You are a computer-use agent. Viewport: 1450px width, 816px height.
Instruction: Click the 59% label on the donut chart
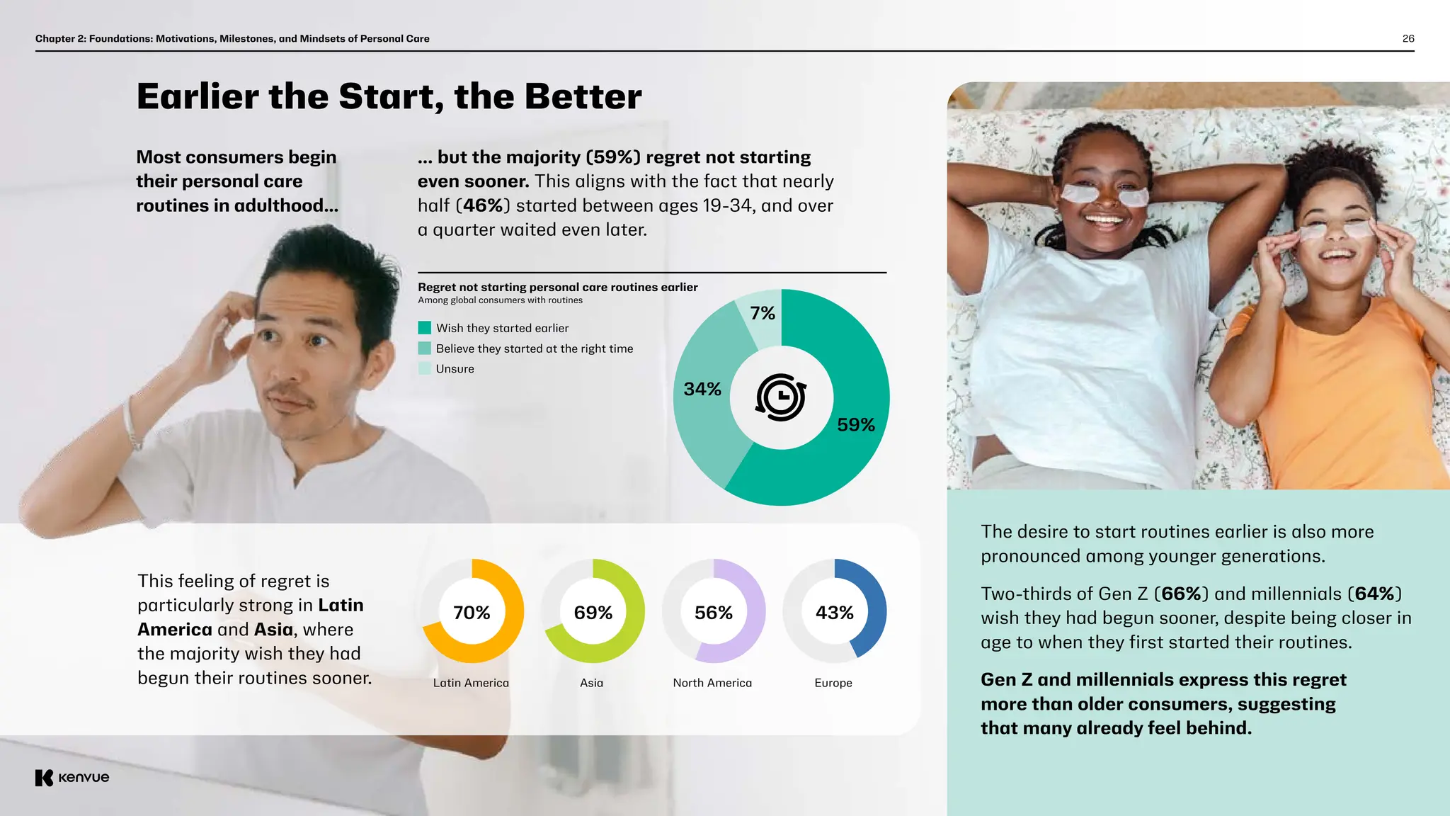click(855, 425)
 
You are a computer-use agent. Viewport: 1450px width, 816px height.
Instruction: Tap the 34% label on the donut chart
click(702, 389)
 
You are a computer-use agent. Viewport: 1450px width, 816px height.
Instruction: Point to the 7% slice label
click(763, 313)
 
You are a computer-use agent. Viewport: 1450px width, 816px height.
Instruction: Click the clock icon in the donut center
click(781, 397)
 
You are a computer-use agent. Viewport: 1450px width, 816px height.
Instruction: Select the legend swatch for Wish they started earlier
click(425, 328)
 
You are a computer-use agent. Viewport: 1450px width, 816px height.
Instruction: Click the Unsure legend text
click(455, 369)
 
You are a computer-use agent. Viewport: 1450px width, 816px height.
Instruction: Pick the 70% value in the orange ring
click(472, 613)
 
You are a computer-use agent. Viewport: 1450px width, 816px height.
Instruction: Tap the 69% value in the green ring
click(593, 613)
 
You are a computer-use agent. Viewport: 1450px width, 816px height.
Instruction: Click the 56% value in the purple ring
click(713, 613)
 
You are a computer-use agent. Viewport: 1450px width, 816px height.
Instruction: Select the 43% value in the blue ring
click(834, 613)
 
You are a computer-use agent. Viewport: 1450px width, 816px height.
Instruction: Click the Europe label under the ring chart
click(833, 683)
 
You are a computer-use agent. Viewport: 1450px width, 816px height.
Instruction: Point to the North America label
click(712, 683)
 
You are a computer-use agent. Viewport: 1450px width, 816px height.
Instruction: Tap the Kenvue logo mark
click(44, 778)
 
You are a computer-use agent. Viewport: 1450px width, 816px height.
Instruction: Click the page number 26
click(1408, 39)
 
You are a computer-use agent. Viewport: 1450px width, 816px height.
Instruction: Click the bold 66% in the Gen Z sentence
click(1181, 594)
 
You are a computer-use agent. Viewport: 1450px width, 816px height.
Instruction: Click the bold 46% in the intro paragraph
click(484, 205)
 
